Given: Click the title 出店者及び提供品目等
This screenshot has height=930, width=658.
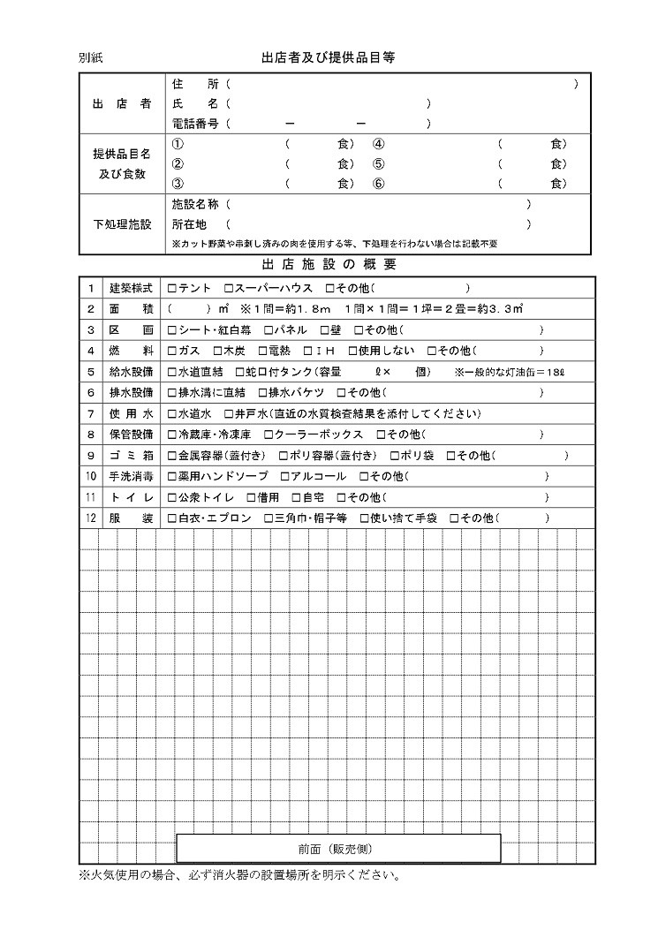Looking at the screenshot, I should click(x=328, y=57).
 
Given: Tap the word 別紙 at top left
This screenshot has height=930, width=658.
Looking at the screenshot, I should click(x=91, y=58).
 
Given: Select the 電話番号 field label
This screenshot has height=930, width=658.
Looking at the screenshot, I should click(x=194, y=124).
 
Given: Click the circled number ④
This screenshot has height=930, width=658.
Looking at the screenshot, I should click(x=378, y=144).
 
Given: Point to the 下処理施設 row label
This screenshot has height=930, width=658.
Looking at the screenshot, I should click(x=122, y=225).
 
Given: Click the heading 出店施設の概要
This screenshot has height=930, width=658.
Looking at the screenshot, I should click(x=329, y=264).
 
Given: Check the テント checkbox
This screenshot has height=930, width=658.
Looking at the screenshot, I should click(x=172, y=288).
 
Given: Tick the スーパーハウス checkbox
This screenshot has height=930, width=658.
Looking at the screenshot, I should click(x=229, y=288).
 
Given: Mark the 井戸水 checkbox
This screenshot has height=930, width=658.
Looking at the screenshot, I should click(x=229, y=413).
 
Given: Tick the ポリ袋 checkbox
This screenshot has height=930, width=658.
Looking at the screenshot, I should click(x=394, y=456).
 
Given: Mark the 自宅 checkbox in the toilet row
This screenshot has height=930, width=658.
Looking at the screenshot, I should click(x=296, y=498).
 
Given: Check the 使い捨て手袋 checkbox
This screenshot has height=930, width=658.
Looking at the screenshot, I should click(x=364, y=518).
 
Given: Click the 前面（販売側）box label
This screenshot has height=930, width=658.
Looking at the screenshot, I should click(x=338, y=849).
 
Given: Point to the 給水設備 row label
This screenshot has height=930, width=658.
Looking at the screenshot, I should click(x=131, y=372).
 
